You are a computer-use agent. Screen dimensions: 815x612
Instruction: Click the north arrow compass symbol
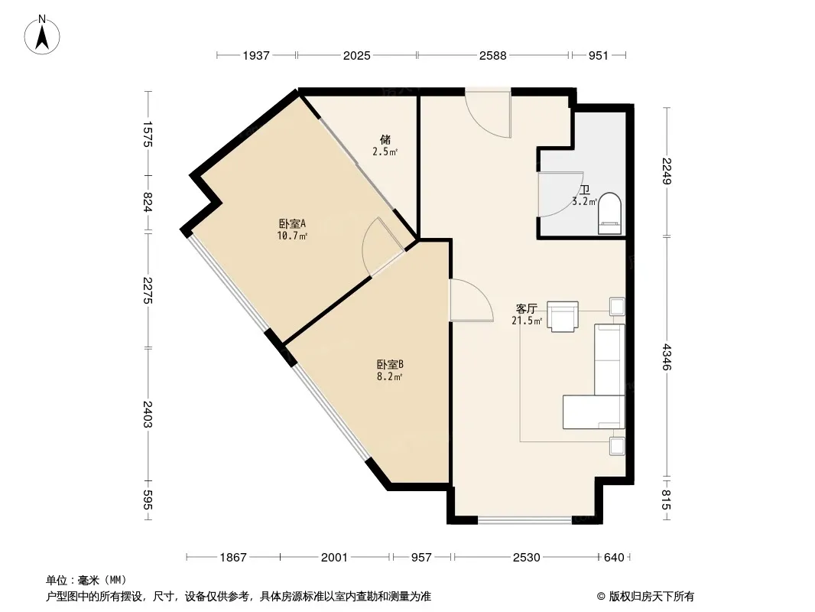(42, 35)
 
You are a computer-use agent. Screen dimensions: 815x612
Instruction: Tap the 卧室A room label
(292, 223)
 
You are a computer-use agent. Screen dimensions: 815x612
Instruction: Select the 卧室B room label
(390, 364)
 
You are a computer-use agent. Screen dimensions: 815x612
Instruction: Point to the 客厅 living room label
(527, 309)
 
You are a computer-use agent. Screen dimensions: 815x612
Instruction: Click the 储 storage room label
(385, 139)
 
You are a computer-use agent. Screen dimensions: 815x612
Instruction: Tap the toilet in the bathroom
(609, 213)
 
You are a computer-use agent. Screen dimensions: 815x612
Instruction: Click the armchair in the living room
(563, 316)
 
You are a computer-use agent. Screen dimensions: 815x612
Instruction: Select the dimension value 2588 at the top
(492, 55)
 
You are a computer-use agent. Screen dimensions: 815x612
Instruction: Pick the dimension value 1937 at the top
(256, 55)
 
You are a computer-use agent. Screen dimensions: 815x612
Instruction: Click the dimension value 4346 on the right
(667, 358)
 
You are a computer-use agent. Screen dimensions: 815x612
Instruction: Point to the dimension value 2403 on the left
(148, 414)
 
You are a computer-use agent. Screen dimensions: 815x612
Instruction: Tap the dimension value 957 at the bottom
(421, 558)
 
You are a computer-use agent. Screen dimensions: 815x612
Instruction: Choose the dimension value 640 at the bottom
(614, 558)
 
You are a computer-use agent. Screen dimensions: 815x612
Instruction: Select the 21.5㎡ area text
(527, 321)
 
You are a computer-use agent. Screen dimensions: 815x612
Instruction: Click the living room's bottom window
(525, 519)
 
